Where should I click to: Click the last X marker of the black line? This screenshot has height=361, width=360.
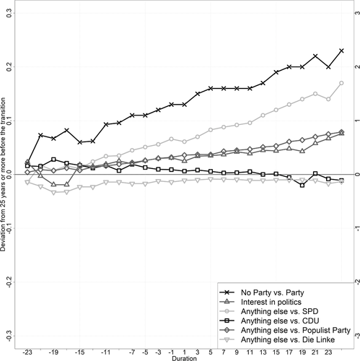[341, 51]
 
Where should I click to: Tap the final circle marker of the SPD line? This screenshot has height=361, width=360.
[341, 83]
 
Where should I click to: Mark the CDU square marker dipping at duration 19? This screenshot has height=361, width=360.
[302, 185]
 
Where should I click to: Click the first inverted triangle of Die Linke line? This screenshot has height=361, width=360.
[27, 183]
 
